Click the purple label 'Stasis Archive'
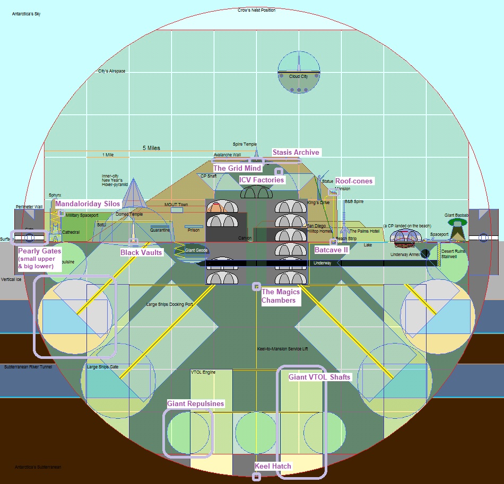pyautogui.click(x=296, y=153)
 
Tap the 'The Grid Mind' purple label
pyautogui.click(x=237, y=169)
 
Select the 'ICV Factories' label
pyautogui.click(x=262, y=180)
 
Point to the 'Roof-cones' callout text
pyautogui.click(x=354, y=181)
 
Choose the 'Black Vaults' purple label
pyautogui.click(x=141, y=253)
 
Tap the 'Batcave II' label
pyautogui.click(x=332, y=250)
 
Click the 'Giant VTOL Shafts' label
pyautogui.click(x=319, y=377)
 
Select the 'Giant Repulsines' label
pyautogui.click(x=196, y=404)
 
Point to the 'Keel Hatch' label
pyautogui.click(x=273, y=467)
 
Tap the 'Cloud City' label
pyautogui.click(x=298, y=77)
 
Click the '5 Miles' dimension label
pyautogui.click(x=151, y=148)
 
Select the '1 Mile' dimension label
pyautogui.click(x=108, y=155)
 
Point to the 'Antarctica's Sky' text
pyautogui.click(x=27, y=14)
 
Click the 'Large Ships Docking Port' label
pyautogui.click(x=169, y=305)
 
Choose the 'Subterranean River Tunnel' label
pyautogui.click(x=28, y=367)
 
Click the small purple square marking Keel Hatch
pyautogui.click(x=257, y=477)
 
